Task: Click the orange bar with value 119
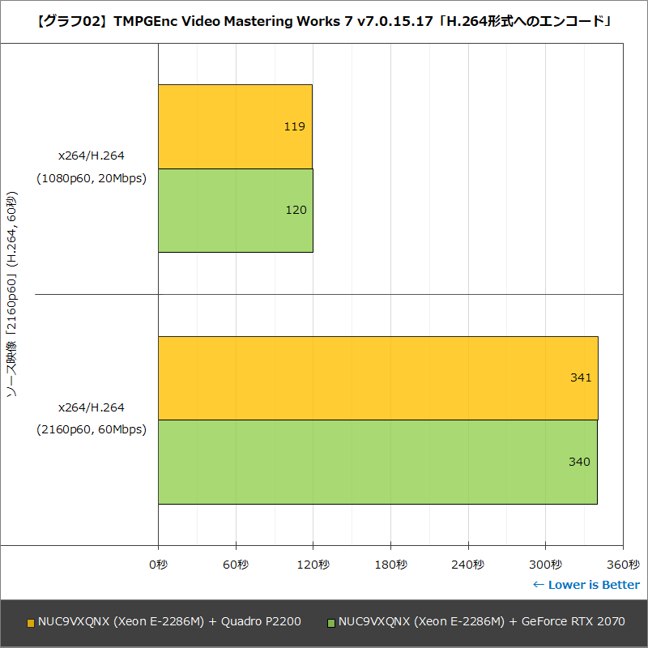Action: click(x=235, y=126)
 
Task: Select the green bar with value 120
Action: click(x=235, y=211)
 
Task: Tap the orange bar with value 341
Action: click(x=377, y=377)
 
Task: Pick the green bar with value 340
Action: click(x=377, y=462)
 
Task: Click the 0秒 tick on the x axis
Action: click(x=158, y=564)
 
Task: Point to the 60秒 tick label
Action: click(x=236, y=564)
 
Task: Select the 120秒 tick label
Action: click(x=313, y=564)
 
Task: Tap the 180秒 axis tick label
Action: click(x=390, y=564)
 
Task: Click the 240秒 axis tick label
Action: click(x=467, y=564)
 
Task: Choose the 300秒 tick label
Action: click(x=545, y=564)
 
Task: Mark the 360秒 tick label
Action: click(x=622, y=564)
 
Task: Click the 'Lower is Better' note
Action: click(x=586, y=585)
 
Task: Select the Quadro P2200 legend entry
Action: click(x=164, y=622)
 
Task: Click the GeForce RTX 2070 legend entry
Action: click(x=475, y=622)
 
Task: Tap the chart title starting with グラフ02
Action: click(x=324, y=21)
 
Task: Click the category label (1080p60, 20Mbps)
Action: click(x=92, y=179)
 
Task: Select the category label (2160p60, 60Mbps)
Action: click(x=92, y=430)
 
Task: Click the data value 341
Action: click(x=580, y=377)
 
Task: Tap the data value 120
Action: click(x=296, y=211)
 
